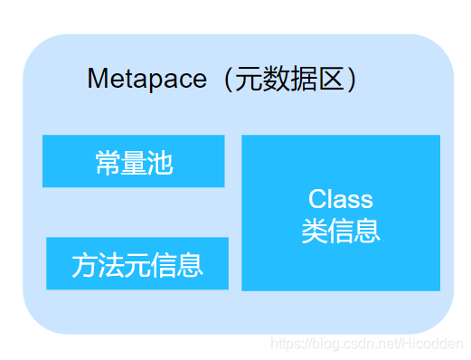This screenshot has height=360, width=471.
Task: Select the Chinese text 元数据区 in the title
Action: pyautogui.click(x=289, y=79)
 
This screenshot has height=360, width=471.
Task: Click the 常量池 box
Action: pyautogui.click(x=133, y=161)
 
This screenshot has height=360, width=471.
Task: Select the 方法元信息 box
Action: pyautogui.click(x=137, y=263)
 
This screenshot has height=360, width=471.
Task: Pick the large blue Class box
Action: pyautogui.click(x=341, y=213)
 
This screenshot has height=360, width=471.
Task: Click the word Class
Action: pyautogui.click(x=341, y=198)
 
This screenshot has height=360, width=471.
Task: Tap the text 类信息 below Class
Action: pyautogui.click(x=341, y=230)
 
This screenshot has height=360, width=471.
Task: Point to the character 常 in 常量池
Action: pyautogui.click(x=107, y=163)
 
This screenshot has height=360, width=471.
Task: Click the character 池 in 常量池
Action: pyautogui.click(x=159, y=163)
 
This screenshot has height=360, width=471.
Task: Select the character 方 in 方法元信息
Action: pyautogui.click(x=84, y=265)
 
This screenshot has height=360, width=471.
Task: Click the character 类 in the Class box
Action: pyautogui.click(x=315, y=230)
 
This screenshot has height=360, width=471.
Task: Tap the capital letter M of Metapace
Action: pyautogui.click(x=96, y=79)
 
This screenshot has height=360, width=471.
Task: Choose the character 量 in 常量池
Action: pyautogui.click(x=133, y=163)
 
